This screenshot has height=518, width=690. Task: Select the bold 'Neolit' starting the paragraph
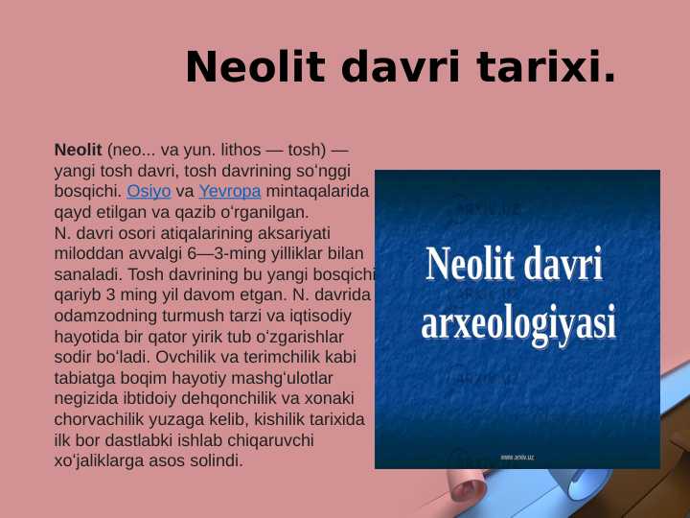79,151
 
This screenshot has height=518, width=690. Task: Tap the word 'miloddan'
87,252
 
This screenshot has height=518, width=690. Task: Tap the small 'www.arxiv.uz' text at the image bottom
517,458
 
